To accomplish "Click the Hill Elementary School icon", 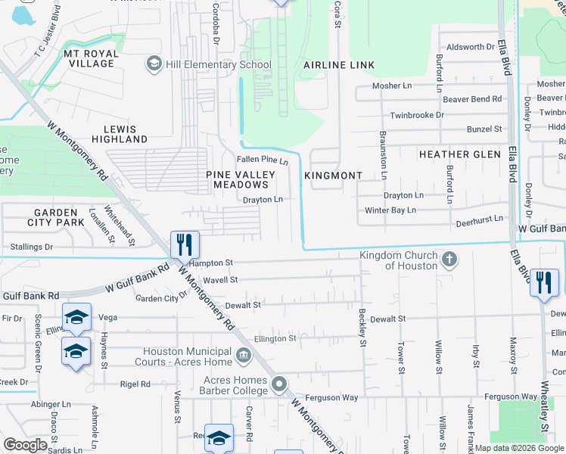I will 155,64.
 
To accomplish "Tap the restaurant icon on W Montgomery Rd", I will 185,245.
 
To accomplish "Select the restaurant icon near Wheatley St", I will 544,284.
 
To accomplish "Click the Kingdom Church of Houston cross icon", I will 449,260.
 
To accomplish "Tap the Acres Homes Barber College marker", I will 280,385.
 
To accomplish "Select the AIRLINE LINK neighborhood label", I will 339,66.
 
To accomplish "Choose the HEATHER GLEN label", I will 460,154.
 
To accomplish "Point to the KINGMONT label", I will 334,176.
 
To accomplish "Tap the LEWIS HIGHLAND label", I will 120,134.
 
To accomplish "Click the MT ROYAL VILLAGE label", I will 89,58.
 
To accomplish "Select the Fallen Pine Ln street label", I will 263,160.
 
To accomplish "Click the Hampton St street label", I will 212,263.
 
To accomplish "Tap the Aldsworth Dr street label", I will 471,47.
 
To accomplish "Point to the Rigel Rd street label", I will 135,384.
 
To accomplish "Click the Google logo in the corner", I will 25,445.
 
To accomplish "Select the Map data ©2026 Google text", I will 519,448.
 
